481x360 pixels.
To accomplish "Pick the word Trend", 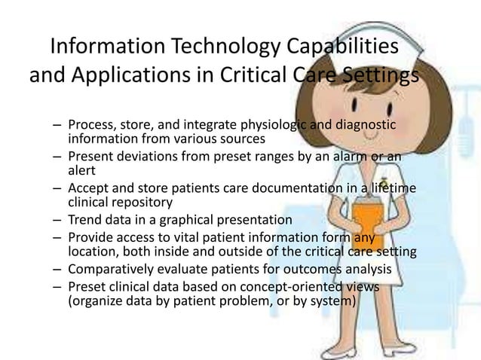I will click(x=84, y=221).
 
